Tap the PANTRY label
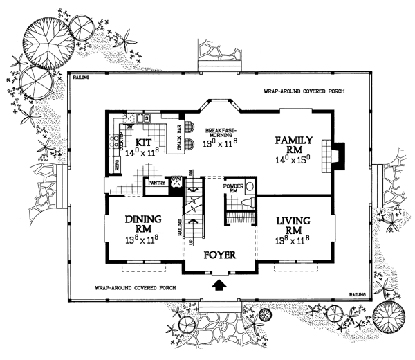pyautogui.click(x=154, y=184)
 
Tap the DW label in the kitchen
pyautogui.click(x=129, y=127)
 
